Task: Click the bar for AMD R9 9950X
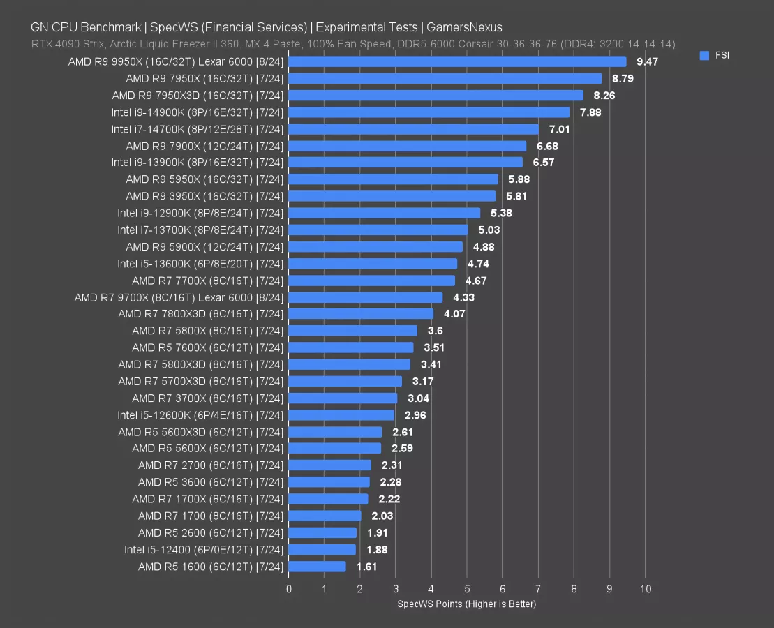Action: [x=457, y=61]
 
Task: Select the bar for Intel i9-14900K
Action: [x=429, y=112]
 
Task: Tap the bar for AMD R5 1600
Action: [x=317, y=567]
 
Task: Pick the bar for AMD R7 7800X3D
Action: [x=361, y=314]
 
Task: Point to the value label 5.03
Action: [x=487, y=230]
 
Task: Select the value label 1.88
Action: [x=378, y=550]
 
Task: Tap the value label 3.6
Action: [x=436, y=331]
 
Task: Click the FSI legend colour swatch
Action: [x=704, y=55]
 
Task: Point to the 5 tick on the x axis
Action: [x=467, y=589]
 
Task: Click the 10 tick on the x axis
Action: [x=646, y=589]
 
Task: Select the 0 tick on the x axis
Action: [x=289, y=589]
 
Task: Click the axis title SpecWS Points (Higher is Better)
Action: [x=466, y=604]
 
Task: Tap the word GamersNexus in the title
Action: [x=466, y=28]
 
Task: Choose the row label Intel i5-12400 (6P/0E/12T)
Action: [x=204, y=550]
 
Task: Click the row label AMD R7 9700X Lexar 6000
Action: [x=179, y=297]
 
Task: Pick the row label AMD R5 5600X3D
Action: [x=201, y=432]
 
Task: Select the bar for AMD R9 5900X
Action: [x=375, y=246]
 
